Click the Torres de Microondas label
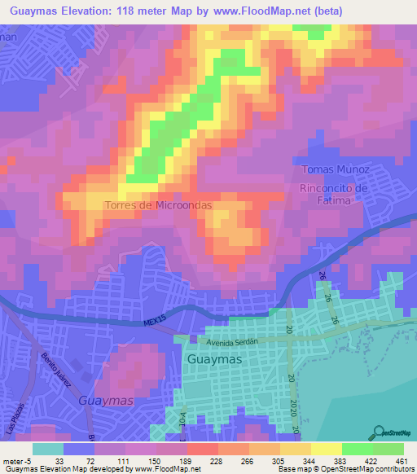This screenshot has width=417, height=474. [x=158, y=205]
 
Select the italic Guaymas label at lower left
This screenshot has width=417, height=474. [x=107, y=401]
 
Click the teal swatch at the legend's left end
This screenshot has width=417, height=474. [x=47, y=449]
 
